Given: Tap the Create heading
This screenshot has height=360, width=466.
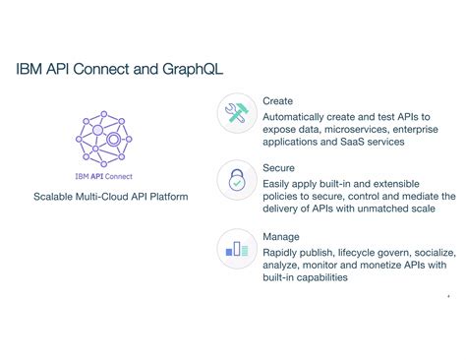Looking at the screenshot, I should coord(277,101).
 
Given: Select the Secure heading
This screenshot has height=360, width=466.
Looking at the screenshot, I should coord(278,168).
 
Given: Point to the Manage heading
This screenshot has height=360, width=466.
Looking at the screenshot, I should coord(280,237).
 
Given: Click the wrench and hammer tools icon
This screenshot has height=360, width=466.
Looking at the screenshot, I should coord(237,114).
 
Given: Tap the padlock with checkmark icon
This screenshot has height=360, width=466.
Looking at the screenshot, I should coord(237,182).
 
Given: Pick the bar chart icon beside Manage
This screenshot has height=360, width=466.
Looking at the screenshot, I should coord(237,249).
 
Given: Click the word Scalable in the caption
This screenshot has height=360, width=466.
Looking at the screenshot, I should coord(58,197).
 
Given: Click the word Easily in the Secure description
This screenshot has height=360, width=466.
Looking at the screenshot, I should coord(279,183).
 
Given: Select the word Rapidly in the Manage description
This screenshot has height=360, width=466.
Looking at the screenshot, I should coord(285,252).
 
